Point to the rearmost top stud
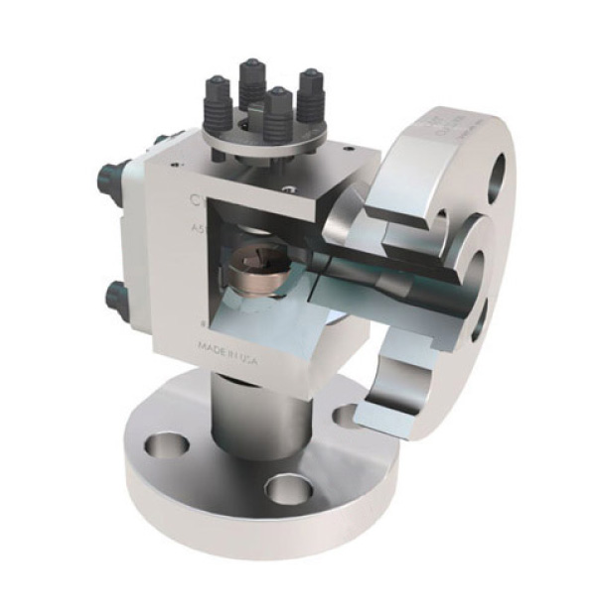point(250,80)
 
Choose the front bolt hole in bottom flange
point(290,488)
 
